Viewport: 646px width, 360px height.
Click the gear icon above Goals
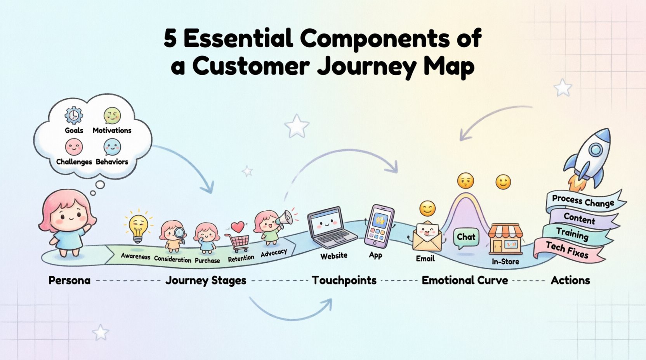pyautogui.click(x=74, y=115)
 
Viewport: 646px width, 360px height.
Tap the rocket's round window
pyautogui.click(x=595, y=149)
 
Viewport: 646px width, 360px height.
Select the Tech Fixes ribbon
pyautogui.click(x=568, y=250)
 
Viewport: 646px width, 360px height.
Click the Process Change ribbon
pyautogui.click(x=583, y=201)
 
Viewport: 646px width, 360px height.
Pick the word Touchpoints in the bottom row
pyautogui.click(x=344, y=280)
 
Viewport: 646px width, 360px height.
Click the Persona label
pyautogui.click(x=69, y=280)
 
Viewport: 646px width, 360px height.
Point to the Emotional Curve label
pyautogui.click(x=465, y=280)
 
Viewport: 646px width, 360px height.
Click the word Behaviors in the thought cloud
pyautogui.click(x=112, y=162)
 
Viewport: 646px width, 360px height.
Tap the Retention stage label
pyautogui.click(x=241, y=258)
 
